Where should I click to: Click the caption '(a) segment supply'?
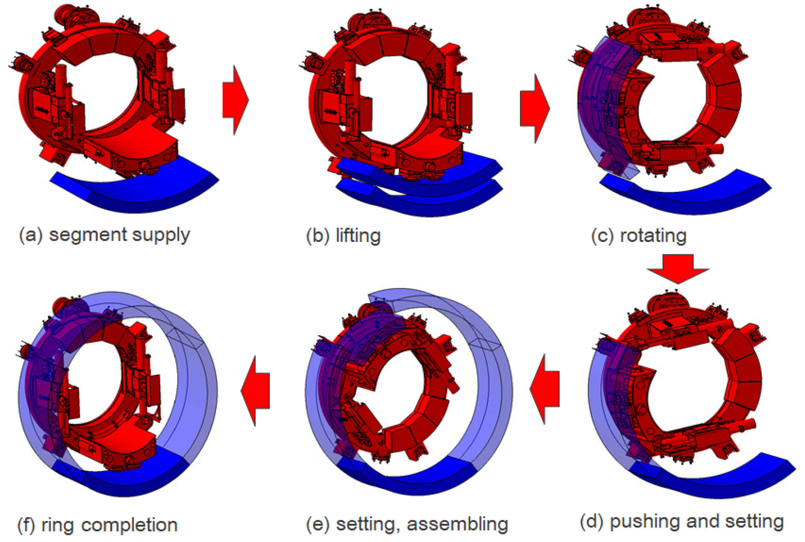tap(105, 236)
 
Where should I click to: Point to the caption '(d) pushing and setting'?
tap(682, 522)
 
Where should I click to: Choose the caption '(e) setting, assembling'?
tap(407, 524)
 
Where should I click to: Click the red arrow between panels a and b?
tap(236, 100)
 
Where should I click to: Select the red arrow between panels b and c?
tap(535, 108)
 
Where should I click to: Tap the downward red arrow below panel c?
tap(678, 269)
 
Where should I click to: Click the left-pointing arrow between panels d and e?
tap(544, 389)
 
